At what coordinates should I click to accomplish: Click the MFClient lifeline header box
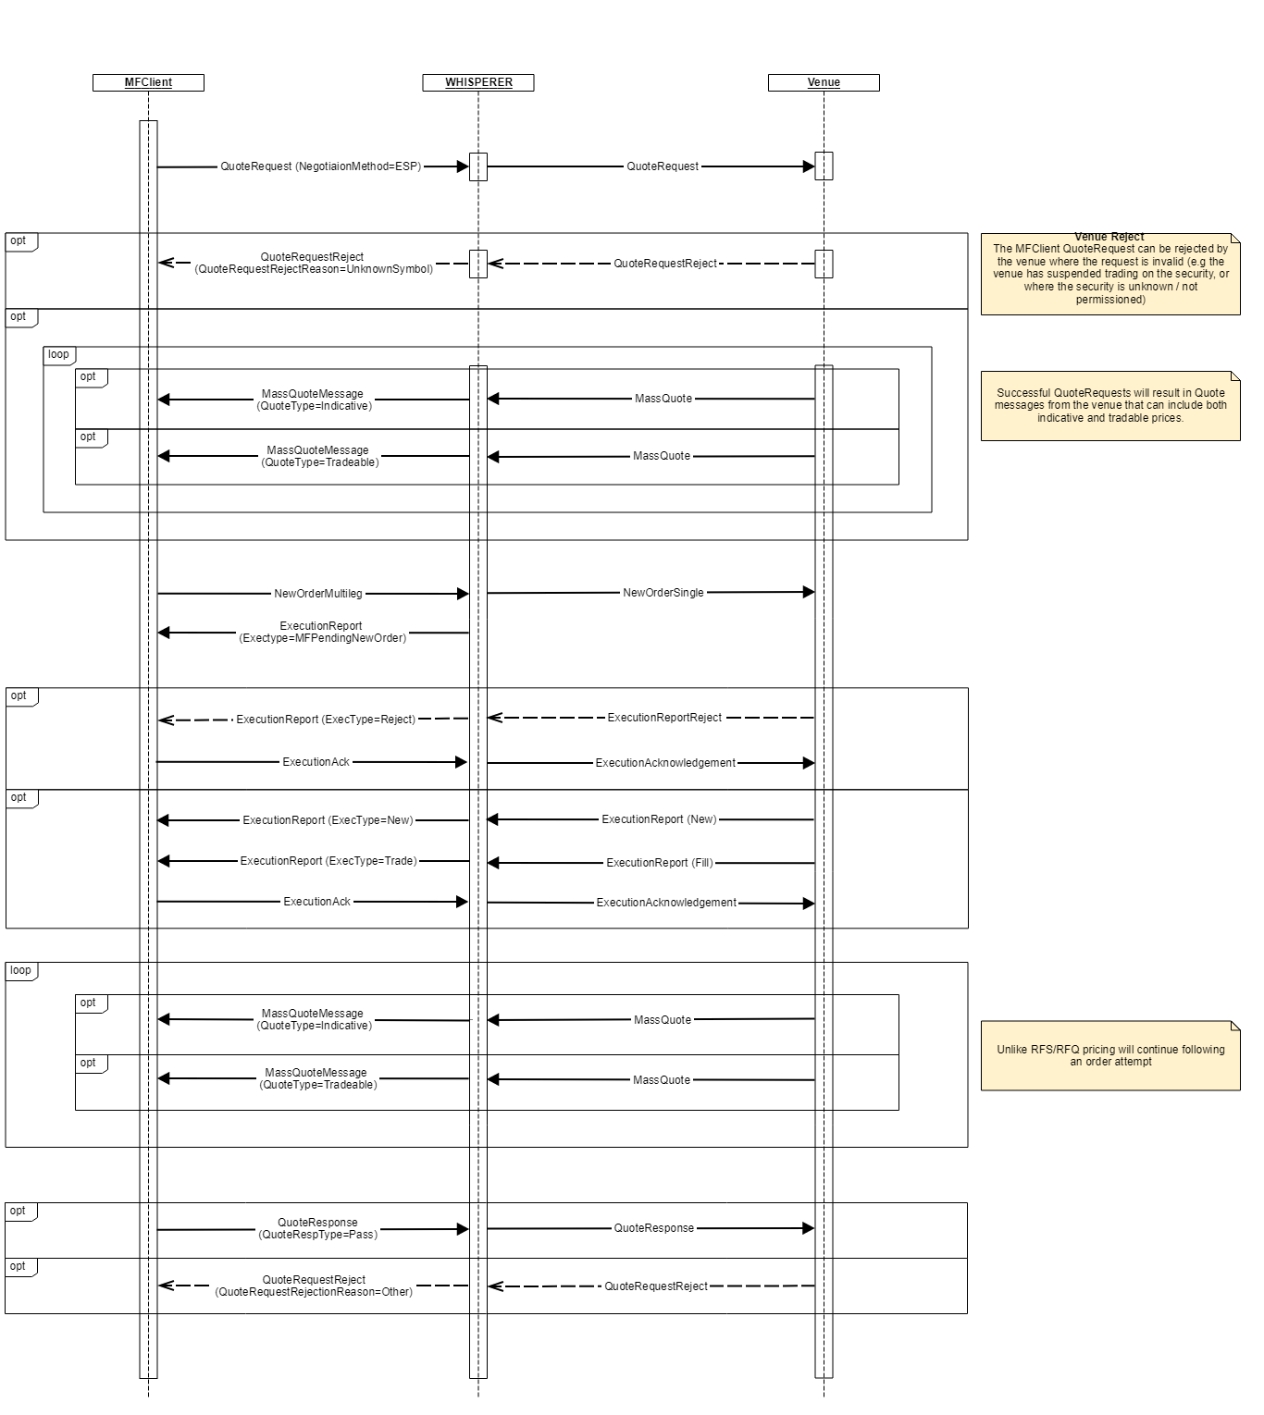pyautogui.click(x=148, y=82)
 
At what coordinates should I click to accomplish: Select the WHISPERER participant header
pyautogui.click(x=478, y=82)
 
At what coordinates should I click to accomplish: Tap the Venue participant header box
pyautogui.click(x=824, y=82)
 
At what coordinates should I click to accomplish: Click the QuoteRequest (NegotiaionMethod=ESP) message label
pyautogui.click(x=320, y=166)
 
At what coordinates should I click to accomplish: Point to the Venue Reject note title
pyautogui.click(x=1109, y=237)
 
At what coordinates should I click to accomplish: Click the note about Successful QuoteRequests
pyautogui.click(x=1110, y=405)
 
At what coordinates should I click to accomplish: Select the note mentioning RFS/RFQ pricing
pyautogui.click(x=1110, y=1055)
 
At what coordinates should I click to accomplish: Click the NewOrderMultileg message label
pyautogui.click(x=318, y=594)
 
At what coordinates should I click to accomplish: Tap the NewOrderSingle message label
pyautogui.click(x=663, y=593)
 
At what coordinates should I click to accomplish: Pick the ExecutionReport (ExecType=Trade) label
pyautogui.click(x=328, y=861)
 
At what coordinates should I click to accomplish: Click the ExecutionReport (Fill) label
pyautogui.click(x=660, y=863)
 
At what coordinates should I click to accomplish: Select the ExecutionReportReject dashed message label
pyautogui.click(x=664, y=718)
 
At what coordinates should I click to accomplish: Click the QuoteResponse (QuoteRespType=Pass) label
pyautogui.click(x=317, y=1228)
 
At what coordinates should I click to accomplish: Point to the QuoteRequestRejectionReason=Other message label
pyautogui.click(x=314, y=1292)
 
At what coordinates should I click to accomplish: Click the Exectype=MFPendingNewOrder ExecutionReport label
pyautogui.click(x=322, y=638)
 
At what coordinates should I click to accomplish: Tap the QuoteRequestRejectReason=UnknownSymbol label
pyautogui.click(x=314, y=269)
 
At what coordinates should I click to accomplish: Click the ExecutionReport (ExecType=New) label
pyautogui.click(x=328, y=820)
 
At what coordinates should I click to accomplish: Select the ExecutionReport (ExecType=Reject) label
pyautogui.click(x=326, y=720)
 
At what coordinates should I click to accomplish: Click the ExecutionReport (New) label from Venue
pyautogui.click(x=659, y=819)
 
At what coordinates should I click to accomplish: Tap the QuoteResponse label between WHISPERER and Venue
pyautogui.click(x=654, y=1228)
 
